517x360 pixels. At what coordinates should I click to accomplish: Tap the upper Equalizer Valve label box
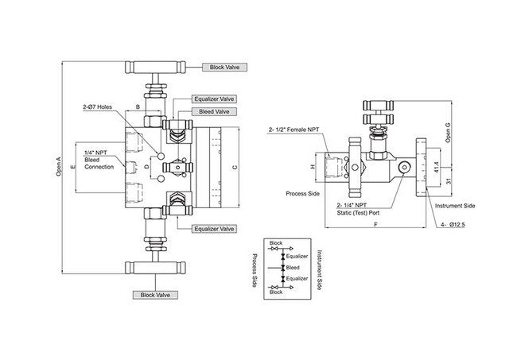[x=215, y=99]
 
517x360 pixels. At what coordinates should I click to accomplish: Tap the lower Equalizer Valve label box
[x=215, y=229]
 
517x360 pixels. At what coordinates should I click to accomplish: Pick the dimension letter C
[x=234, y=168]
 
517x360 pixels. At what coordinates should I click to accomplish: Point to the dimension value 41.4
[x=436, y=167]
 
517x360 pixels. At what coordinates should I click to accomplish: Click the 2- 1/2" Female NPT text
[x=297, y=129]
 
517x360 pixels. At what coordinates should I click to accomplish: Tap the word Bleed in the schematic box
[x=292, y=268]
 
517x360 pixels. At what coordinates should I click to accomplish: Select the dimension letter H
[x=312, y=166]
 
